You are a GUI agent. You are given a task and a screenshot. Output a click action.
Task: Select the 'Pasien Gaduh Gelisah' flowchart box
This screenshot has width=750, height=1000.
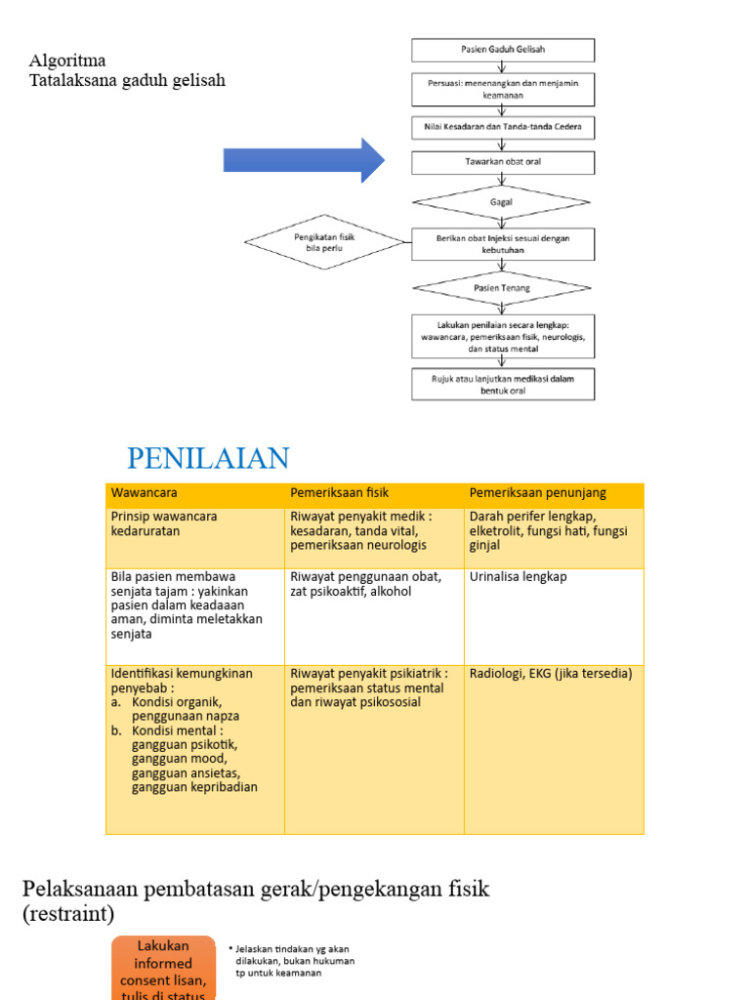pyautogui.click(x=503, y=50)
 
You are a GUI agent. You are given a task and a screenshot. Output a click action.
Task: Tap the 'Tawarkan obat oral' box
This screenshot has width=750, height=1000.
pyautogui.click(x=503, y=162)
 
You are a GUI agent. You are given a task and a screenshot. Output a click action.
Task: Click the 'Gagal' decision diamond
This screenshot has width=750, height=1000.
pyautogui.click(x=502, y=202)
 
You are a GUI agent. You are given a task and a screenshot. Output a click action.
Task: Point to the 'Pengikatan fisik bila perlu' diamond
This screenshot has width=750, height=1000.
pyautogui.click(x=323, y=241)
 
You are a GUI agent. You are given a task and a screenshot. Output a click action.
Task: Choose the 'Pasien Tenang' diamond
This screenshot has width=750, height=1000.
pyautogui.click(x=502, y=288)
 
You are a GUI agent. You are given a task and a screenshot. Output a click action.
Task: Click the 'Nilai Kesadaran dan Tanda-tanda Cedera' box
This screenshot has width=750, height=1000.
pyautogui.click(x=503, y=128)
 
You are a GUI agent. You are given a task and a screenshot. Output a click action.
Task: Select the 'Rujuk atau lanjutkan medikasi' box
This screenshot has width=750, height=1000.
pyautogui.click(x=503, y=384)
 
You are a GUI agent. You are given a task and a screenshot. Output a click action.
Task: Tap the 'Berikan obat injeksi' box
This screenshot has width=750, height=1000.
pyautogui.click(x=503, y=243)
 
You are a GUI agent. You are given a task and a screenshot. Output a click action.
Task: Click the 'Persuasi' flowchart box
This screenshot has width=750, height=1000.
pyautogui.click(x=503, y=89)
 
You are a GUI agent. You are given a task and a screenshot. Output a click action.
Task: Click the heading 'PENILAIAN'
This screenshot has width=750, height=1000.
pyautogui.click(x=208, y=458)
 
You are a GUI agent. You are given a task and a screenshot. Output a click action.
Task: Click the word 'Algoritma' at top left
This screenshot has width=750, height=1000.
pyautogui.click(x=67, y=62)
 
